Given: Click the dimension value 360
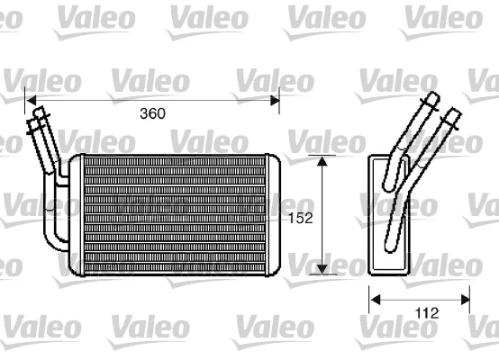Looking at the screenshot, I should (153, 114).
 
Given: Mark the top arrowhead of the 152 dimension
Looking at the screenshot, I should (322, 160).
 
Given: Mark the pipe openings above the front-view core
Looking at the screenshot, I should (40, 114).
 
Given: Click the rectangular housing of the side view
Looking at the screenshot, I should (389, 214).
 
